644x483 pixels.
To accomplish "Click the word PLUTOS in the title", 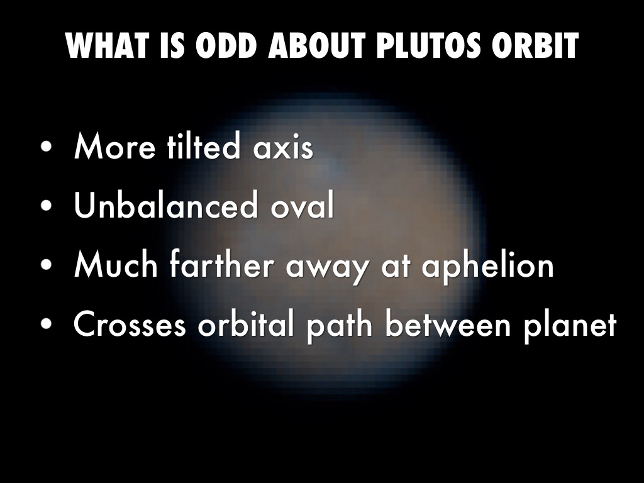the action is [x=428, y=45].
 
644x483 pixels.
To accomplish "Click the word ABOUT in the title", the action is [x=316, y=45].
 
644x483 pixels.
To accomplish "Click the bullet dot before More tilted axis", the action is [x=47, y=147].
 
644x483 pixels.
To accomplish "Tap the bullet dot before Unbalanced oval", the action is [x=47, y=206].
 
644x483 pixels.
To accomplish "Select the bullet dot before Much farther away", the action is [x=47, y=265].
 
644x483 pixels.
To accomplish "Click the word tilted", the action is [x=203, y=146].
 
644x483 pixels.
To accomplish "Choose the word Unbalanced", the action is [x=165, y=204].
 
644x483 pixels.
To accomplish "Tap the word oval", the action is [x=303, y=204].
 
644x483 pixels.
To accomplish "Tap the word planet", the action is [x=570, y=326].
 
